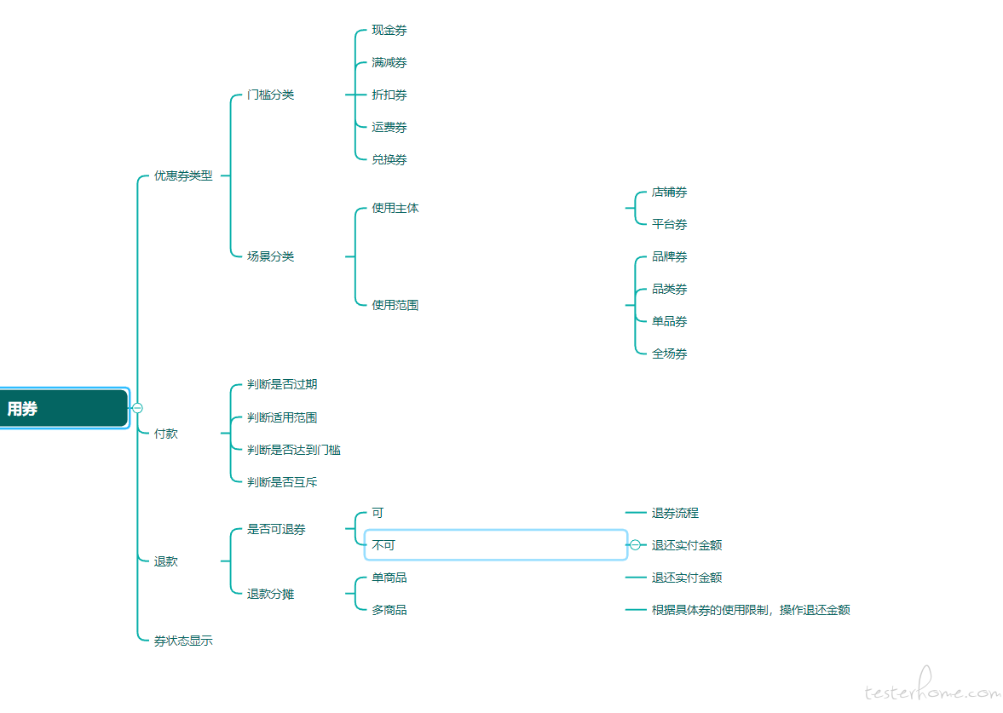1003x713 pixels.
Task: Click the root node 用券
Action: coord(64,408)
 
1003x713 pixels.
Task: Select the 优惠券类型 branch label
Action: coord(183,175)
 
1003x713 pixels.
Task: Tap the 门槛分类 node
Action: coord(271,95)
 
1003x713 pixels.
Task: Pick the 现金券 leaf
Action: coord(389,30)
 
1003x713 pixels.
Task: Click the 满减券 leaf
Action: coord(389,63)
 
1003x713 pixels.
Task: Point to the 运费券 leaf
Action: coord(389,127)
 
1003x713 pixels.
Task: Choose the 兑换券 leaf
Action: coord(389,160)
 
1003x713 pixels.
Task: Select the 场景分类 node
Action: coord(271,256)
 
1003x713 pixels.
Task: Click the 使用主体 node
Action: coord(395,208)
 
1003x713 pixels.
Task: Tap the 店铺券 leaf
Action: coord(669,192)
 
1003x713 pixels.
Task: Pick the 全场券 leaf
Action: coord(669,354)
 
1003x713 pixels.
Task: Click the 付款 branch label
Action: coord(165,434)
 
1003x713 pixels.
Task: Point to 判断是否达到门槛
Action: coord(294,450)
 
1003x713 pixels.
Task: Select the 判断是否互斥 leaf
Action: coord(282,482)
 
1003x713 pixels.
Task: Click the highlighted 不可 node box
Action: coord(496,545)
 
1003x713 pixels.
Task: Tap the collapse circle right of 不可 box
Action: coord(635,545)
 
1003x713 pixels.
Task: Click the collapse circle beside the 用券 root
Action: coord(137,408)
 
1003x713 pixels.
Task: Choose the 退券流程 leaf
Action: coord(675,513)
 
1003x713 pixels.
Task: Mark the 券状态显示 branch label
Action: coord(183,641)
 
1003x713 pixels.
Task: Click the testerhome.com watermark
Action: coord(932,687)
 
